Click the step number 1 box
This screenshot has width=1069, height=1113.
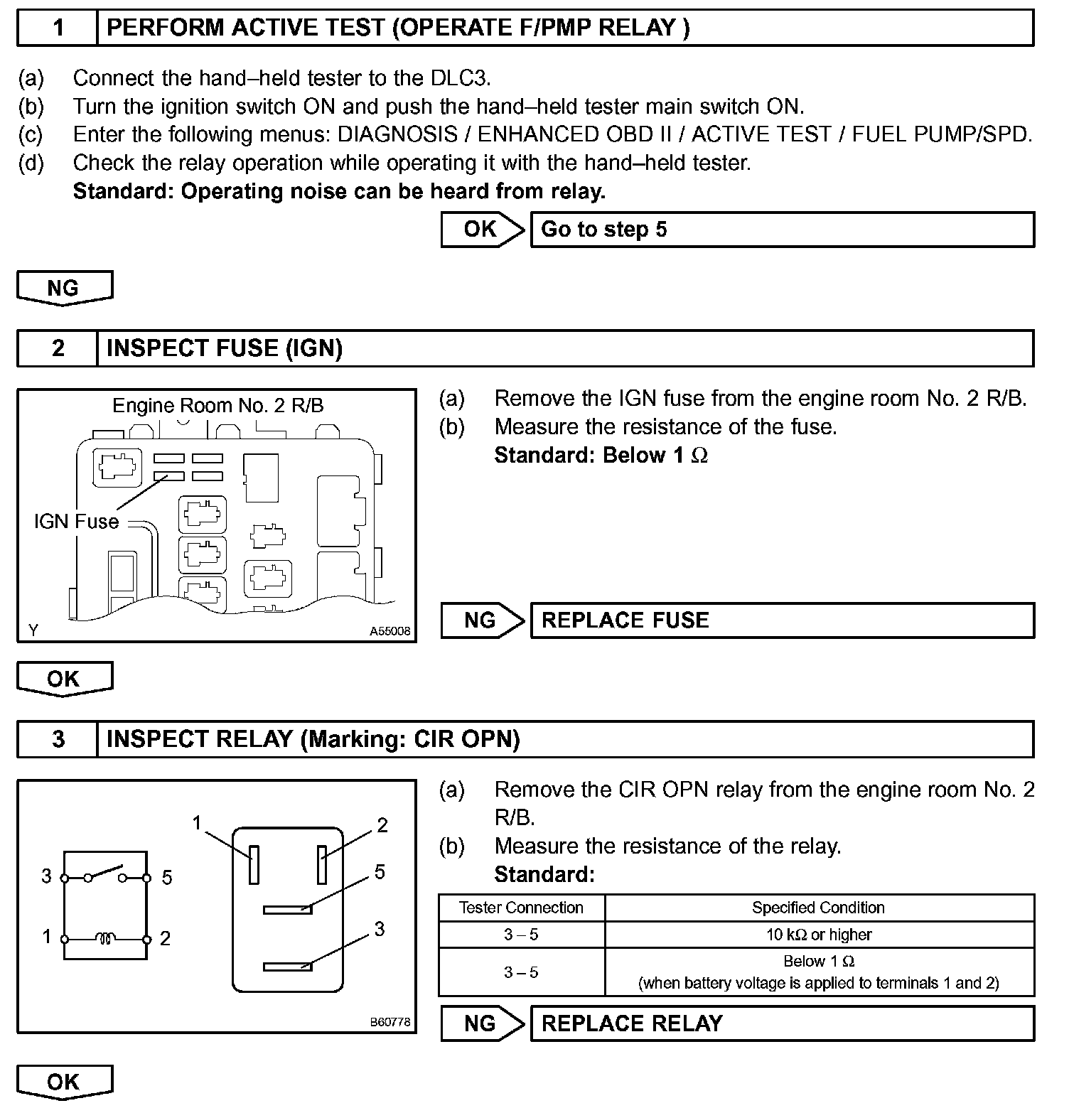pos(58,28)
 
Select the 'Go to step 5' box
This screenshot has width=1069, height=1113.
pos(782,230)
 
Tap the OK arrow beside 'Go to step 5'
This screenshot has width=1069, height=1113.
pos(482,230)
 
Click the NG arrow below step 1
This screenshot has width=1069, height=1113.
pos(64,288)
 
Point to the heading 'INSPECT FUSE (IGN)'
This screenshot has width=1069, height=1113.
pos(225,348)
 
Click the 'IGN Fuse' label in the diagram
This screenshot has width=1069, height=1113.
pos(76,522)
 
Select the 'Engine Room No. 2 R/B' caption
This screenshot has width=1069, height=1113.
pos(218,406)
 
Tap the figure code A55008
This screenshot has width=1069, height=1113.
pos(390,631)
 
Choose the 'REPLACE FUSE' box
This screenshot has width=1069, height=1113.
pos(782,620)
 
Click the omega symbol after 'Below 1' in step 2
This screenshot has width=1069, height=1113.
pos(699,456)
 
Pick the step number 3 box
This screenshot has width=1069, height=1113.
pos(58,740)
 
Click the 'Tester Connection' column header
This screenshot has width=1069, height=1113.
pos(521,908)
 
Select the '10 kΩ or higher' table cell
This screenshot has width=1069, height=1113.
pos(819,935)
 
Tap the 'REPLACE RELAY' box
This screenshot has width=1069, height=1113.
pos(782,1023)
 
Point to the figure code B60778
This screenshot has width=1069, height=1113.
pos(390,1022)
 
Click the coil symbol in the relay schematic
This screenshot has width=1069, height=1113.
pos(105,939)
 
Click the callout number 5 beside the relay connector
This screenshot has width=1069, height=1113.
pos(380,872)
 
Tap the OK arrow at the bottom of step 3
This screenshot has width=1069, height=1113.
pos(64,1082)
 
